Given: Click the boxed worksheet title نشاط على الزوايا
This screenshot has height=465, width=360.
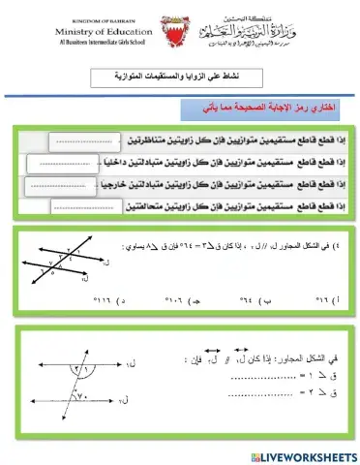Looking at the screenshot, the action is coord(181,79).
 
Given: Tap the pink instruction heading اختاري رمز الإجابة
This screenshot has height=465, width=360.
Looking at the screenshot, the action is coord(272,105).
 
